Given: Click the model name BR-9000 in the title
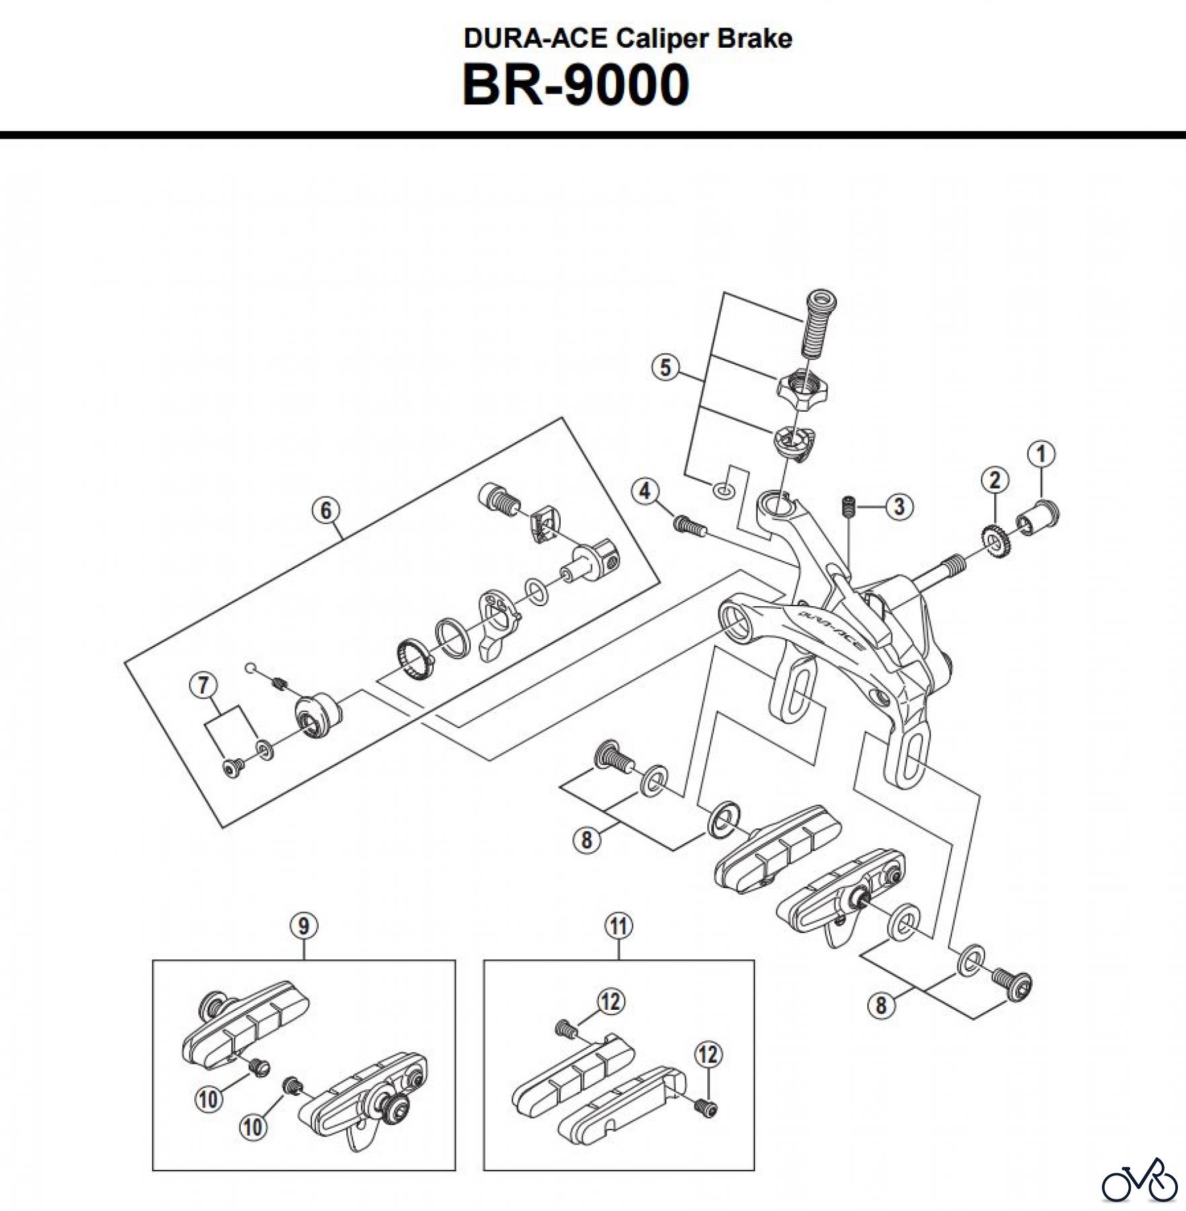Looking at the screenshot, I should [x=576, y=85].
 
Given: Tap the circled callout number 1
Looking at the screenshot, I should [x=1041, y=455].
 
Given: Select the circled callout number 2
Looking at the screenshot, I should [x=994, y=480].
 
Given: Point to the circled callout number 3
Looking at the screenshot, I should [x=899, y=506].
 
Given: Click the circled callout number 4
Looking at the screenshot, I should [x=645, y=491].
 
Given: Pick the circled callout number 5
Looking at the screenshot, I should [x=665, y=367].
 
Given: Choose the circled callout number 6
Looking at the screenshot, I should [x=325, y=511].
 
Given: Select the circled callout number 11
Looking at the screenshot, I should [x=618, y=926].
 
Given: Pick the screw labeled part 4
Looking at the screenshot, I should [x=689, y=525].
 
